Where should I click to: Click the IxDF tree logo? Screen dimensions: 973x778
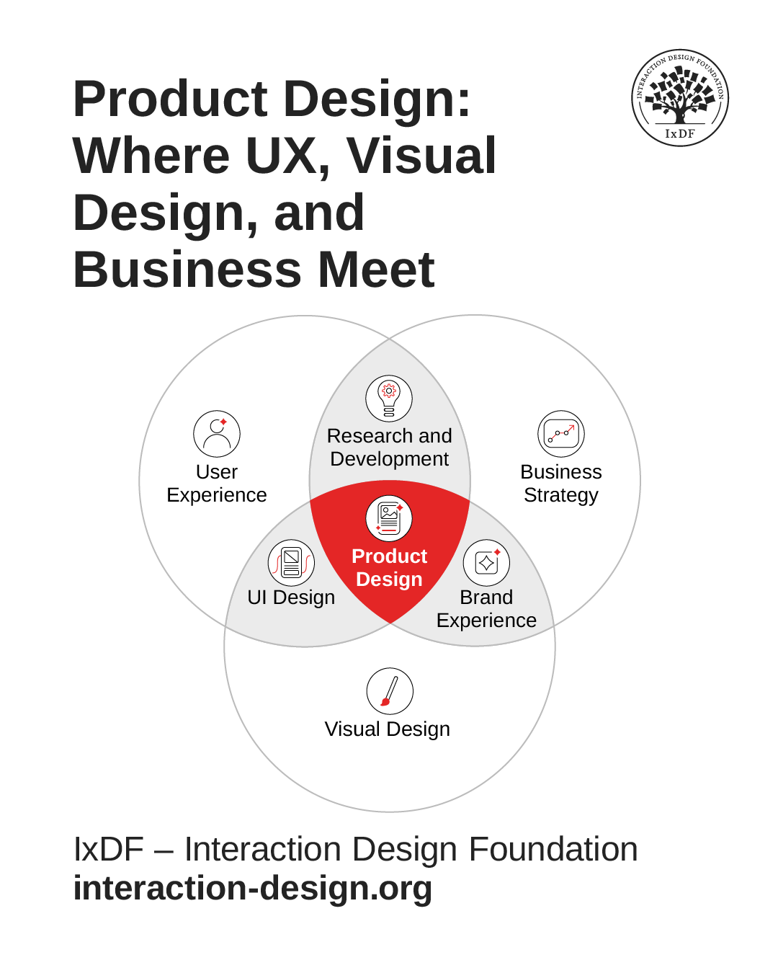(680, 98)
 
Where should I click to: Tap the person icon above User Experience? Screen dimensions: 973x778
(217, 434)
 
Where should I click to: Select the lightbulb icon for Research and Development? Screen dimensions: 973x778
(389, 399)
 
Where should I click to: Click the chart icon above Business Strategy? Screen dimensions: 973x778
(561, 434)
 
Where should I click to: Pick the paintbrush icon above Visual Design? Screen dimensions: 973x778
(390, 691)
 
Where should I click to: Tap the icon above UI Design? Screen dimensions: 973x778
(291, 563)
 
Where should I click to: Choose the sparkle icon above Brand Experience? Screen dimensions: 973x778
(486, 563)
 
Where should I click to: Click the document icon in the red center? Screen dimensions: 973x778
(389, 518)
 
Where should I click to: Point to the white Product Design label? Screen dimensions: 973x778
(389, 568)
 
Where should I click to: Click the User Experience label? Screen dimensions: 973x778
(217, 484)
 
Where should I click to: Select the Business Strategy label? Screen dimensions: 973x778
(561, 484)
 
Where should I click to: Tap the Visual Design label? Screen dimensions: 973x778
(388, 729)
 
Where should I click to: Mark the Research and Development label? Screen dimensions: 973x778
(389, 448)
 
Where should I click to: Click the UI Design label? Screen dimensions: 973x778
(291, 597)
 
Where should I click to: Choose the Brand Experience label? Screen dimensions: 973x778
(486, 609)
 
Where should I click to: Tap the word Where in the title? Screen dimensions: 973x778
(151, 156)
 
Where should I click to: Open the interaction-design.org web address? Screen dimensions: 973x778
(253, 888)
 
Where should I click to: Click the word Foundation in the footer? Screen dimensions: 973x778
(553, 849)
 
